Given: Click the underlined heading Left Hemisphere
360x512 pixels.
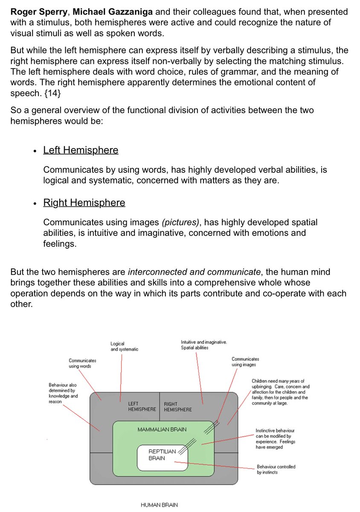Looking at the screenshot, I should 81,150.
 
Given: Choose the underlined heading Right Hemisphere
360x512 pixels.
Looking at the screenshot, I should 84,203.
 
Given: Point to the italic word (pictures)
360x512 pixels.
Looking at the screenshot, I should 180,222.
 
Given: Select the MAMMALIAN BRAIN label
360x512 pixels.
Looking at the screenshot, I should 162,429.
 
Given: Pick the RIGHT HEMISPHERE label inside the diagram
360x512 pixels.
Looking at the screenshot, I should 177,407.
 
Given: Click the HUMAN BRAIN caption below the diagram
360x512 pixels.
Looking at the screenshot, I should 159,505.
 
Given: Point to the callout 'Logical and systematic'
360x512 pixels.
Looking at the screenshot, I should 124,346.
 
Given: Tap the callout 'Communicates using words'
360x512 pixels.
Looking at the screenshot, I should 82,363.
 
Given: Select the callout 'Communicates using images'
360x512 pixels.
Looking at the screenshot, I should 245,362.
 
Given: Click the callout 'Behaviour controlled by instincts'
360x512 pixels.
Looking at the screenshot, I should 276,469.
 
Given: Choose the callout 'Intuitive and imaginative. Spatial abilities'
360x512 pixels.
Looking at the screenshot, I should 203,345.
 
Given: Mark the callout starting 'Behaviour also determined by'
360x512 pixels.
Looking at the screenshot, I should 63,393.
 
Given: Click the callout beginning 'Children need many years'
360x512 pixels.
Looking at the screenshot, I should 280,392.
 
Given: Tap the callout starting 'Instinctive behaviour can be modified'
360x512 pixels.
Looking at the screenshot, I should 275,439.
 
